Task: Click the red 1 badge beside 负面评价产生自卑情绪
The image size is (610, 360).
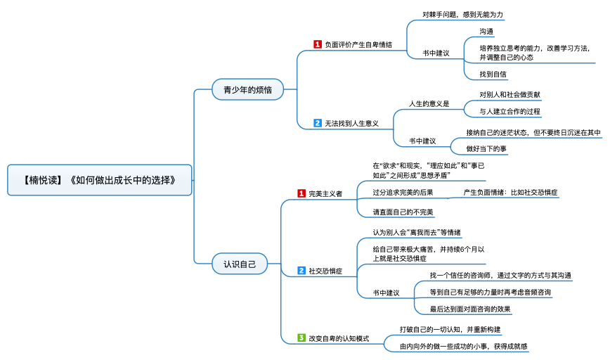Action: [317, 44]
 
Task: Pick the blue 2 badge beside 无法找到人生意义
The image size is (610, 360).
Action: [317, 123]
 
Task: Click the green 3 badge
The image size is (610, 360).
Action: [301, 337]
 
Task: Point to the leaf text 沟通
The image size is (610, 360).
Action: [486, 32]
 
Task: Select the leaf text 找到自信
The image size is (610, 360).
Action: [493, 74]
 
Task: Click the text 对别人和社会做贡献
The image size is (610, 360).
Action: [510, 94]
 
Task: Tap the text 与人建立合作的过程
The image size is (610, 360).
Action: [510, 111]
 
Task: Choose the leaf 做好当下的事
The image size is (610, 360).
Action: [487, 148]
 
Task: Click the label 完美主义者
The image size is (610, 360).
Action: [325, 193]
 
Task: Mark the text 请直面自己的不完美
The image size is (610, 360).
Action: [403, 212]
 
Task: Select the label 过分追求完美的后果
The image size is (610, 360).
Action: [403, 192]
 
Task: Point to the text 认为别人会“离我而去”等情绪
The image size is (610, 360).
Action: [417, 232]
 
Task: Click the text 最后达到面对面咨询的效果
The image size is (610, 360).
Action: [470, 309]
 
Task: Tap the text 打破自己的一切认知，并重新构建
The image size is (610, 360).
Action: [450, 329]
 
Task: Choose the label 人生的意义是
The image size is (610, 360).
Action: [429, 104]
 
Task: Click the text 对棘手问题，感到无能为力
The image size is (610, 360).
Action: [462, 14]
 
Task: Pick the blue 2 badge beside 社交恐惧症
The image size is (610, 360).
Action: [301, 270]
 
